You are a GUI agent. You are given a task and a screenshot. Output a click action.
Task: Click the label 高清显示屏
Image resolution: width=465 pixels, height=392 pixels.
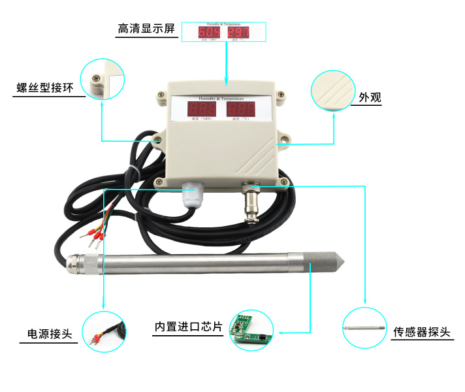[x=147, y=29]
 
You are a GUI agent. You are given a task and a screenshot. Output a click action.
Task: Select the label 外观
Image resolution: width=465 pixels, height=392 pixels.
[x=370, y=97]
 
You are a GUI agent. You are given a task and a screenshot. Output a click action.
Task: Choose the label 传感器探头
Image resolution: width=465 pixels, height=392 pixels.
[x=422, y=332]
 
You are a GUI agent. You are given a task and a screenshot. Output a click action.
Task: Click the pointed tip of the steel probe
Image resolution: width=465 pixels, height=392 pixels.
[x=340, y=263]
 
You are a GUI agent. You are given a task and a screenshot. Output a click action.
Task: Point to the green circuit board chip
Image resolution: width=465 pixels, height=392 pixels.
[x=251, y=331]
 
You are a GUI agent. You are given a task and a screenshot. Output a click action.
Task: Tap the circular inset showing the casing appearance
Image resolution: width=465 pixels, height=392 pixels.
[x=333, y=90]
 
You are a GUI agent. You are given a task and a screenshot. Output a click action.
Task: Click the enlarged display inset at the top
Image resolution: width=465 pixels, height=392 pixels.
[x=223, y=31]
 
